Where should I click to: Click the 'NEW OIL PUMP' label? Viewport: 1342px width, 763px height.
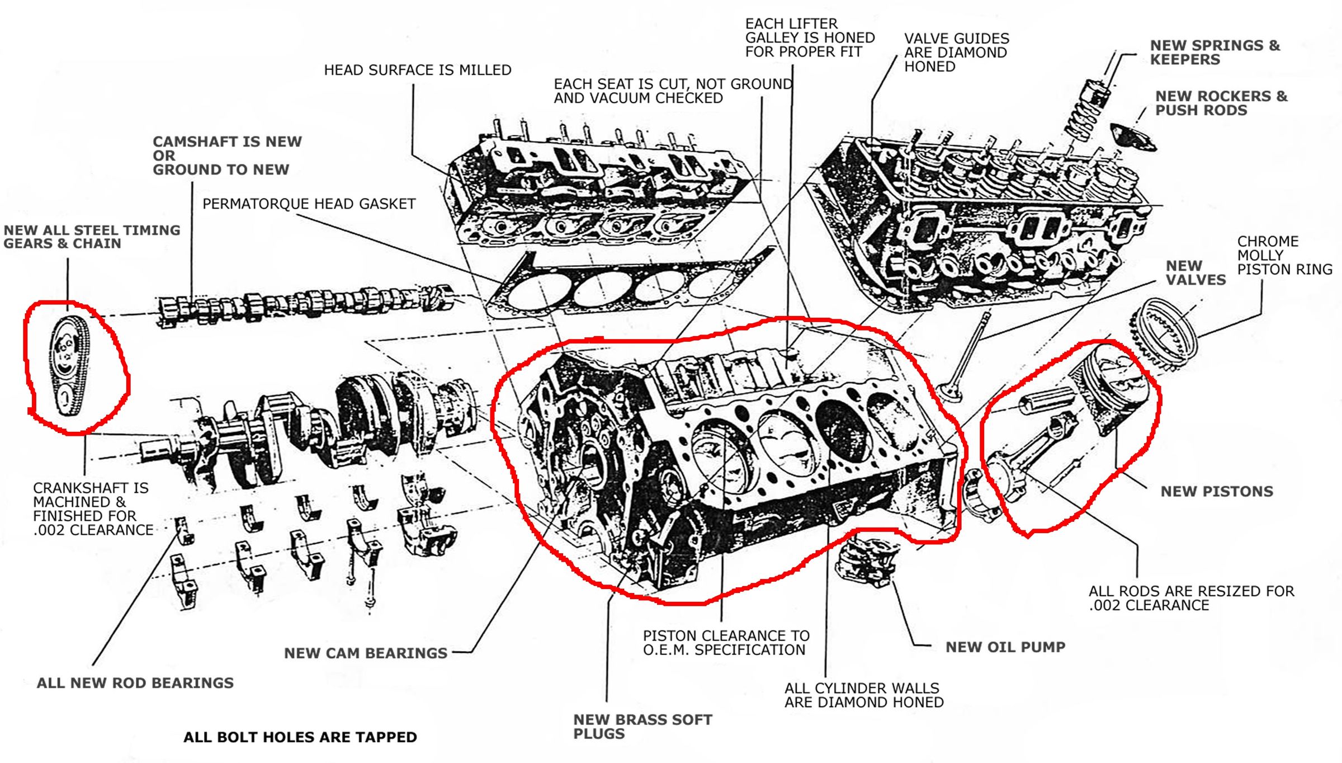pos(1005,647)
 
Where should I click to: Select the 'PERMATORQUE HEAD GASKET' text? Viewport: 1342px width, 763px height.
pos(309,204)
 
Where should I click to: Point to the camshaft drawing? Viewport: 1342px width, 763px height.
pos(302,305)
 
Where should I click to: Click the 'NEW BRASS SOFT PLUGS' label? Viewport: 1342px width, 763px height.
pos(642,727)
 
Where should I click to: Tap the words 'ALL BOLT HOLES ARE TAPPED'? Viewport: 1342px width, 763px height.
pos(300,737)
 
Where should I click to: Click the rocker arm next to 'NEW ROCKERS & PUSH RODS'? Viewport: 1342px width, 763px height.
pos(1132,137)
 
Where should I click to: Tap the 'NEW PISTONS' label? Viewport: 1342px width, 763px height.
pos(1216,492)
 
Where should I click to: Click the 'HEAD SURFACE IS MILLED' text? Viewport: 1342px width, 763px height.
pos(417,70)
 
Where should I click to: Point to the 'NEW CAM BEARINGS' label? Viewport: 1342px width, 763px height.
pos(365,653)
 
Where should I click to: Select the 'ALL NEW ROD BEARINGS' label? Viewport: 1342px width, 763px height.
pos(135,683)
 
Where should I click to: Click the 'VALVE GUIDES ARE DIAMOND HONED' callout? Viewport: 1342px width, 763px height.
pos(956,53)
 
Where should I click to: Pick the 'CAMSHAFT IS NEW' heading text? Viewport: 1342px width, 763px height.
pos(227,142)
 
